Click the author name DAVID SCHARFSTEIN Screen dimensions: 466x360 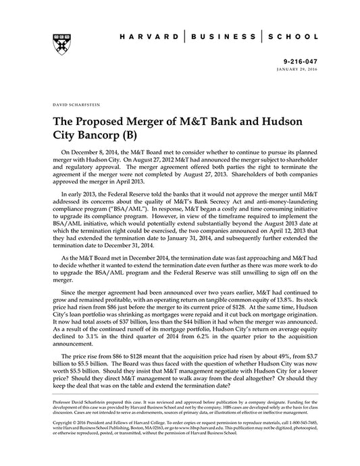coord(72,106)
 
